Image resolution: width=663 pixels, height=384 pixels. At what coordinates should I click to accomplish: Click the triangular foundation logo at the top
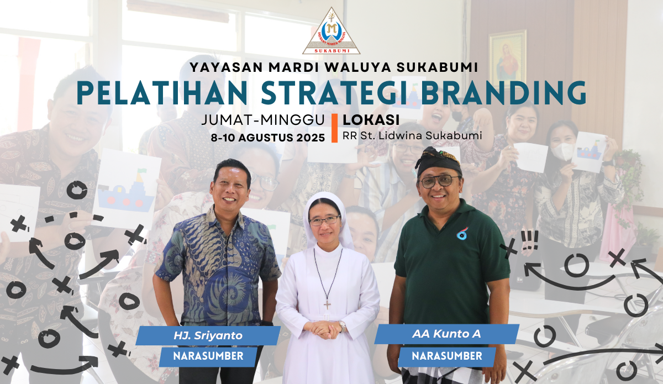[331, 31]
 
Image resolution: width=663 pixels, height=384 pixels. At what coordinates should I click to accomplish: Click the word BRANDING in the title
[503, 93]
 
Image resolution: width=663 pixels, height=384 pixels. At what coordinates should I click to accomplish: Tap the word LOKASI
[371, 120]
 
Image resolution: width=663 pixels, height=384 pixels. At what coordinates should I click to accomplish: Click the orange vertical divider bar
[334, 128]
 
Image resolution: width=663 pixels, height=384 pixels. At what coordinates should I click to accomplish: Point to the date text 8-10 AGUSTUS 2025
[268, 138]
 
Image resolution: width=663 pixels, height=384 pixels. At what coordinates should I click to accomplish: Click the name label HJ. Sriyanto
[208, 335]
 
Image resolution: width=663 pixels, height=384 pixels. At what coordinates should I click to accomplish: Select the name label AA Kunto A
[446, 334]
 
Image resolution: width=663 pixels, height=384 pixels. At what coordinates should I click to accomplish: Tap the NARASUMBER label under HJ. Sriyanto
[208, 356]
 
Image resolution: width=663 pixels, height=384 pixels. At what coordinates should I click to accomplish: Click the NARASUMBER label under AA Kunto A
[447, 356]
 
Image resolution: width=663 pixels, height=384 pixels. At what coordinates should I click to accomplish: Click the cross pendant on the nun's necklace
[327, 305]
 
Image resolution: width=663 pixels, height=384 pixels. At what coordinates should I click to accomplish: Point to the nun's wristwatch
[343, 327]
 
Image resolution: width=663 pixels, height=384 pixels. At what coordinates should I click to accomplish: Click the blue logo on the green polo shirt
[462, 234]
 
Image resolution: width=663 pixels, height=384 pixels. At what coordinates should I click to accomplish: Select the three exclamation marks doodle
[529, 240]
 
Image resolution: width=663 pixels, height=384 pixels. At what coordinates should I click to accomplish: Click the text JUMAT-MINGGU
[263, 120]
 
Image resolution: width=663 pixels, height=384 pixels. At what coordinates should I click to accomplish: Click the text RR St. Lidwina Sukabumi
[412, 135]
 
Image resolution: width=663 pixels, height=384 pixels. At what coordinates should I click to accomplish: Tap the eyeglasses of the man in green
[440, 181]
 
